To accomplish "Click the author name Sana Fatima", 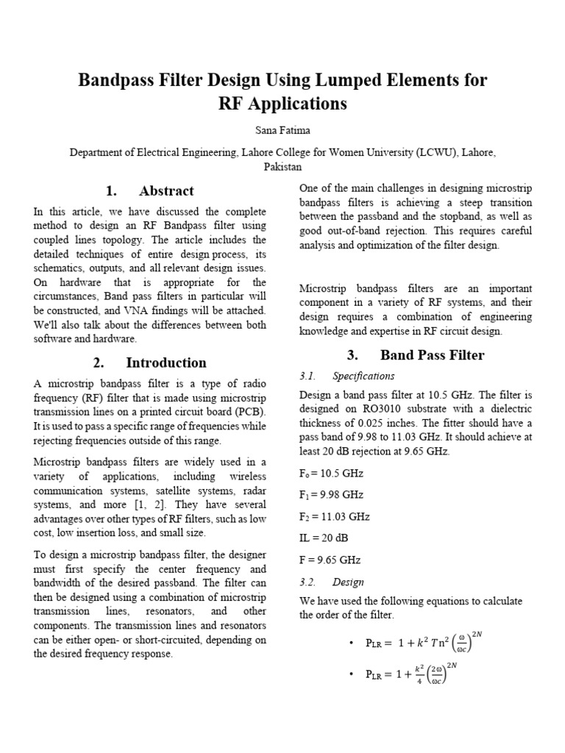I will pyautogui.click(x=282, y=129).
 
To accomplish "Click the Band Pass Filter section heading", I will pyautogui.click(x=416, y=355).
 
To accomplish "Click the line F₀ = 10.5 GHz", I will pyautogui.click(x=331, y=473).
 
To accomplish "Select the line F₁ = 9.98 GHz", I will pyautogui.click(x=331, y=495).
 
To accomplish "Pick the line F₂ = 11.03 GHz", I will pyautogui.click(x=333, y=516).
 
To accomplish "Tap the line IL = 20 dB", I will pyautogui.click(x=324, y=538).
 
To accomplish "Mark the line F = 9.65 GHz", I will pyautogui.click(x=330, y=560).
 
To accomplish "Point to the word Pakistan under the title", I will pyautogui.click(x=282, y=167).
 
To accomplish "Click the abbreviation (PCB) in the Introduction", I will pyautogui.click(x=249, y=411).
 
